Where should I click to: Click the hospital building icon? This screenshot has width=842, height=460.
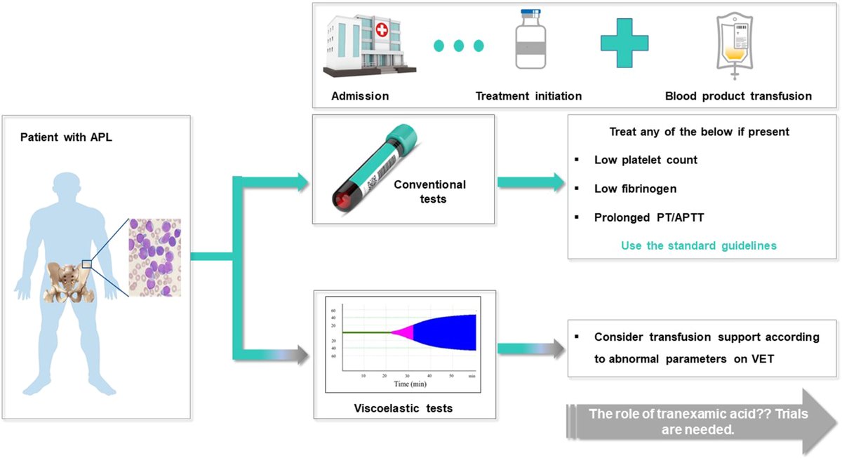pyautogui.click(x=370, y=46)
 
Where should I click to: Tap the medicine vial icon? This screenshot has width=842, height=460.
pyautogui.click(x=530, y=39)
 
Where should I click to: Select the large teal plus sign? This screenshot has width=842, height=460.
pyautogui.click(x=624, y=43)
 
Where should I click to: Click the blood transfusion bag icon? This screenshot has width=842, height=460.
pyautogui.click(x=735, y=46)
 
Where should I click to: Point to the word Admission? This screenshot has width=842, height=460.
pyautogui.click(x=360, y=96)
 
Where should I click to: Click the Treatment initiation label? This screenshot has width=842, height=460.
pyautogui.click(x=528, y=96)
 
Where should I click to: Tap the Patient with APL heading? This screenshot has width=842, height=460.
pyautogui.click(x=66, y=137)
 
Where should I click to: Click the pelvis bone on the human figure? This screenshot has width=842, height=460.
pyautogui.click(x=68, y=283)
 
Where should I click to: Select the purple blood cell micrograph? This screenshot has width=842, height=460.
pyautogui.click(x=155, y=257)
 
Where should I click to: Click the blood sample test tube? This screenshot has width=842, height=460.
pyautogui.click(x=375, y=168)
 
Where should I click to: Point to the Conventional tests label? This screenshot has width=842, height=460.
pyautogui.click(x=430, y=191)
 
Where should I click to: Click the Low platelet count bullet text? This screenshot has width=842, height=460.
pyautogui.click(x=646, y=160)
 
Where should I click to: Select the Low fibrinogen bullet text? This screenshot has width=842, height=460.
pyautogui.click(x=635, y=189)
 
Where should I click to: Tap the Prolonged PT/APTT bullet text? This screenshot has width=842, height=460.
pyautogui.click(x=649, y=217)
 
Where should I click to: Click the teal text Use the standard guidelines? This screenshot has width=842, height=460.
pyautogui.click(x=699, y=245)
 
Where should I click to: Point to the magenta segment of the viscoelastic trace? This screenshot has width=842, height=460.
pyautogui.click(x=403, y=332)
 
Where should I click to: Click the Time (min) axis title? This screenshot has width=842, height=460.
pyautogui.click(x=410, y=384)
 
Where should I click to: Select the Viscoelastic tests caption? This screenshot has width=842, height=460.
pyautogui.click(x=403, y=408)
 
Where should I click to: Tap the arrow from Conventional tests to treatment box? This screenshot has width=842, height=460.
pyautogui.click(x=530, y=182)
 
